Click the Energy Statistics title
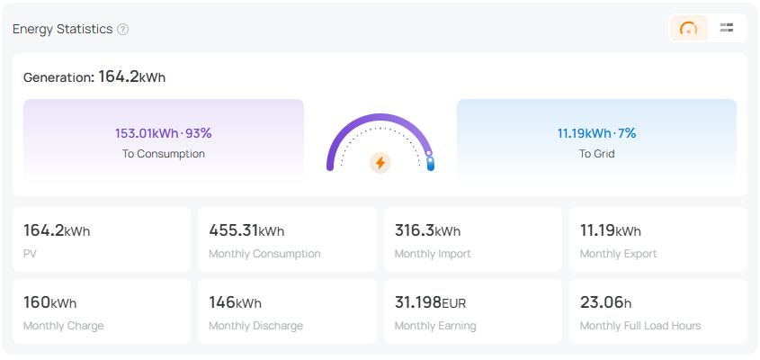pos(62,29)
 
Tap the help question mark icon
pos(123,29)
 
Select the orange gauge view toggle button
pos(689,28)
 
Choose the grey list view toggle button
pos(727,28)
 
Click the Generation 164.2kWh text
pos(94,77)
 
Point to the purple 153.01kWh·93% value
pos(163,133)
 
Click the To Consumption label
pos(164,154)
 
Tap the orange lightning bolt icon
pos(380,163)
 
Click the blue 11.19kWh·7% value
pos(596,133)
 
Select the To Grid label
pos(597,154)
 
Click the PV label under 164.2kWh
pos(30,254)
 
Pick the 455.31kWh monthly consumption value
pos(246,231)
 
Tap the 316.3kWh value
pos(427,231)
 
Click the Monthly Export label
pos(618,254)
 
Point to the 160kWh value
pos(49,302)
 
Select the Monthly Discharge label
pos(255,326)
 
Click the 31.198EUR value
pos(430,302)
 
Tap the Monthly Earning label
pos(435,326)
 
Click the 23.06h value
pos(605,302)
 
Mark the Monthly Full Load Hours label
pos(640,326)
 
